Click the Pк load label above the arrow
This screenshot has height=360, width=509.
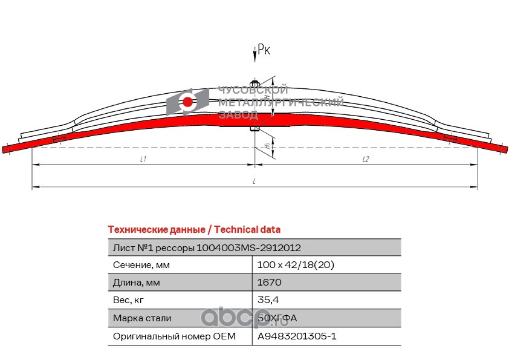pos(264,51)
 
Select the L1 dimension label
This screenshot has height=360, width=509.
pos(143,159)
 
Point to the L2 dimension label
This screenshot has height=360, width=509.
pos(366,159)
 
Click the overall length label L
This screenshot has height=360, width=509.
pos(254,182)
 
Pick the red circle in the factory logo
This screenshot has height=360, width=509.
pos(187,102)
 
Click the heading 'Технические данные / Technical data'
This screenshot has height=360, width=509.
pos(193,230)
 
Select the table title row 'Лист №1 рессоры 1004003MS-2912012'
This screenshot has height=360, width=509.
pos(207,248)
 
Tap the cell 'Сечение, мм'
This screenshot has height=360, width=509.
pos(141,265)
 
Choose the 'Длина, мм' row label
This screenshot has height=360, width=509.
pos(137,283)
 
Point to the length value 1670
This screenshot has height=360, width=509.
pos(270,283)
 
